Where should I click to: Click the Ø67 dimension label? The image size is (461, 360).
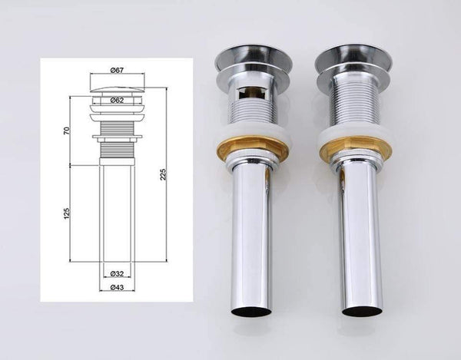point(118,71)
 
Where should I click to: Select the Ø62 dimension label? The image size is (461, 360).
point(118,100)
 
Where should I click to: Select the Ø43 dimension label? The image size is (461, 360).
point(118,288)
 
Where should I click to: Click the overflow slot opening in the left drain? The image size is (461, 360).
point(247,97)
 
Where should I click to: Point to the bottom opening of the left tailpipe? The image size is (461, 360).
point(250,311)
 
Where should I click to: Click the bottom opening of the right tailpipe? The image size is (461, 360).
point(363,312)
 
